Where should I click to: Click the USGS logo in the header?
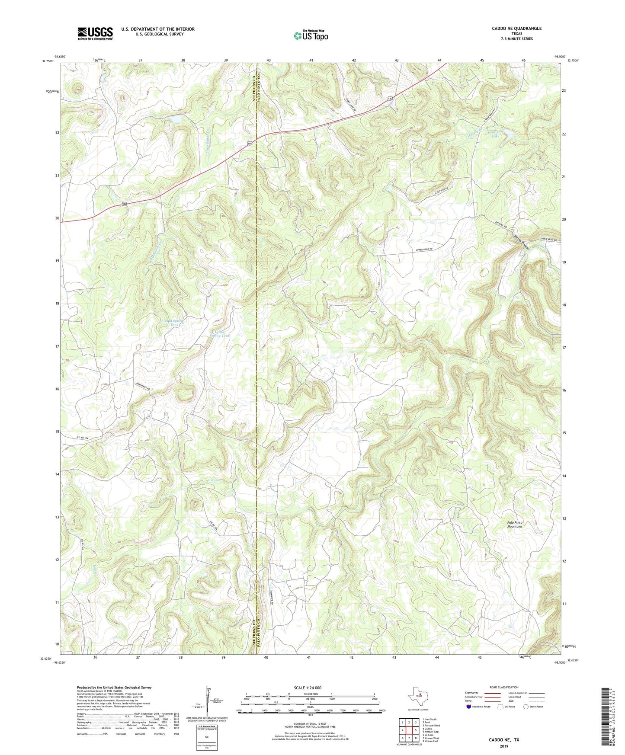(95, 33)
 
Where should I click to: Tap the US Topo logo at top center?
(311, 35)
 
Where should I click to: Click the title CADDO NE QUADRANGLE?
(516, 29)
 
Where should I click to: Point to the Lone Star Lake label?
(496, 134)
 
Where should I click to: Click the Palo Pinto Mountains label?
(515, 524)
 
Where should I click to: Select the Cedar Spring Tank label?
(220, 333)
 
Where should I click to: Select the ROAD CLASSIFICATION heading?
(504, 687)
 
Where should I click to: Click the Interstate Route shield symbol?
(468, 707)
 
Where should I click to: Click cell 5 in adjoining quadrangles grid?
(415, 730)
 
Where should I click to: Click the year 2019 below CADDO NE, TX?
(504, 746)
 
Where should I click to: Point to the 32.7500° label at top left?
(48, 61)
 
